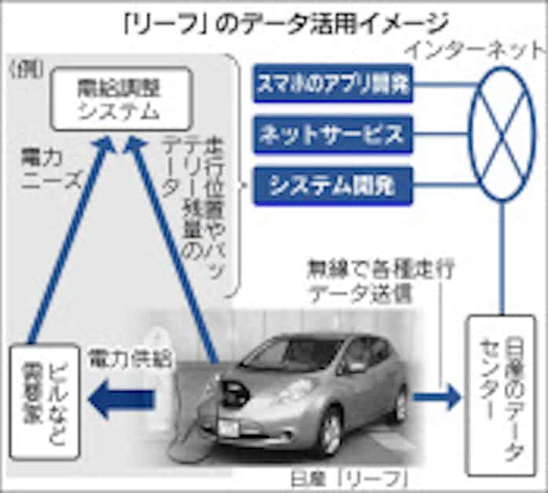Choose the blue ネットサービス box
click(334, 134)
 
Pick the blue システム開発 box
click(334, 184)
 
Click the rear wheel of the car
click(401, 404)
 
